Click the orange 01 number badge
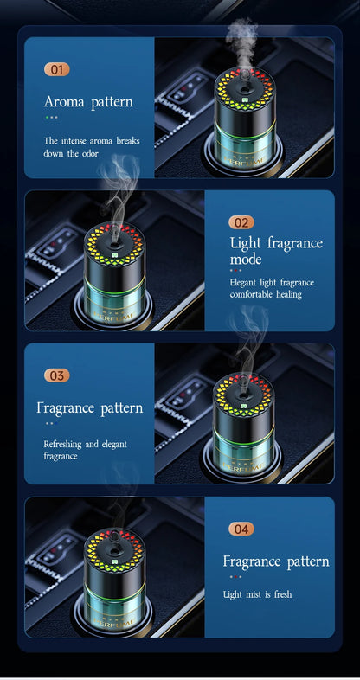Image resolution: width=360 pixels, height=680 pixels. click(56, 69)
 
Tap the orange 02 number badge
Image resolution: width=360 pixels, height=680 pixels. click(241, 222)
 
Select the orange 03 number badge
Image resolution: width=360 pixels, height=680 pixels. click(56, 375)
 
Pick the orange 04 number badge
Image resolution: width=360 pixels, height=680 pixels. click(241, 529)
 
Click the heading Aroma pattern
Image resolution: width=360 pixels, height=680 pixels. click(88, 102)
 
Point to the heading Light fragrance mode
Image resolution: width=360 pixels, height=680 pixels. click(275, 251)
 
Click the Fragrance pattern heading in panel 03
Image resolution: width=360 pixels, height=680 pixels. click(89, 407)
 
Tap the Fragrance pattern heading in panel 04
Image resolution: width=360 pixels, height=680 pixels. click(275, 561)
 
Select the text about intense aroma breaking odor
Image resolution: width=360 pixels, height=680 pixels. click(91, 146)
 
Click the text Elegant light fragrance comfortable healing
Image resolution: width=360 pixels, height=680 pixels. click(272, 288)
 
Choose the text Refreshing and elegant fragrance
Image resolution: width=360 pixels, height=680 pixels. click(85, 450)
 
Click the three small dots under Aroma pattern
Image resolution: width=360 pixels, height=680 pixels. click(52, 117)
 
